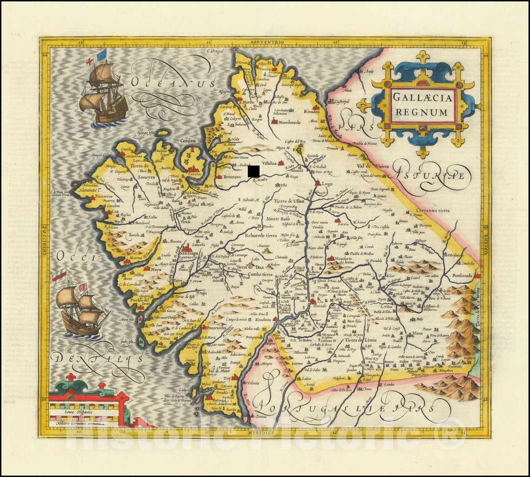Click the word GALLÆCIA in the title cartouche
pos(422,98)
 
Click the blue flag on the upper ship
pos(102,55)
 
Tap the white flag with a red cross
pos(90,62)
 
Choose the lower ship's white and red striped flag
pos(59,276)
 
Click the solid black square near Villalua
pos(254,171)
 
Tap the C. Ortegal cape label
pos(215,51)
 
